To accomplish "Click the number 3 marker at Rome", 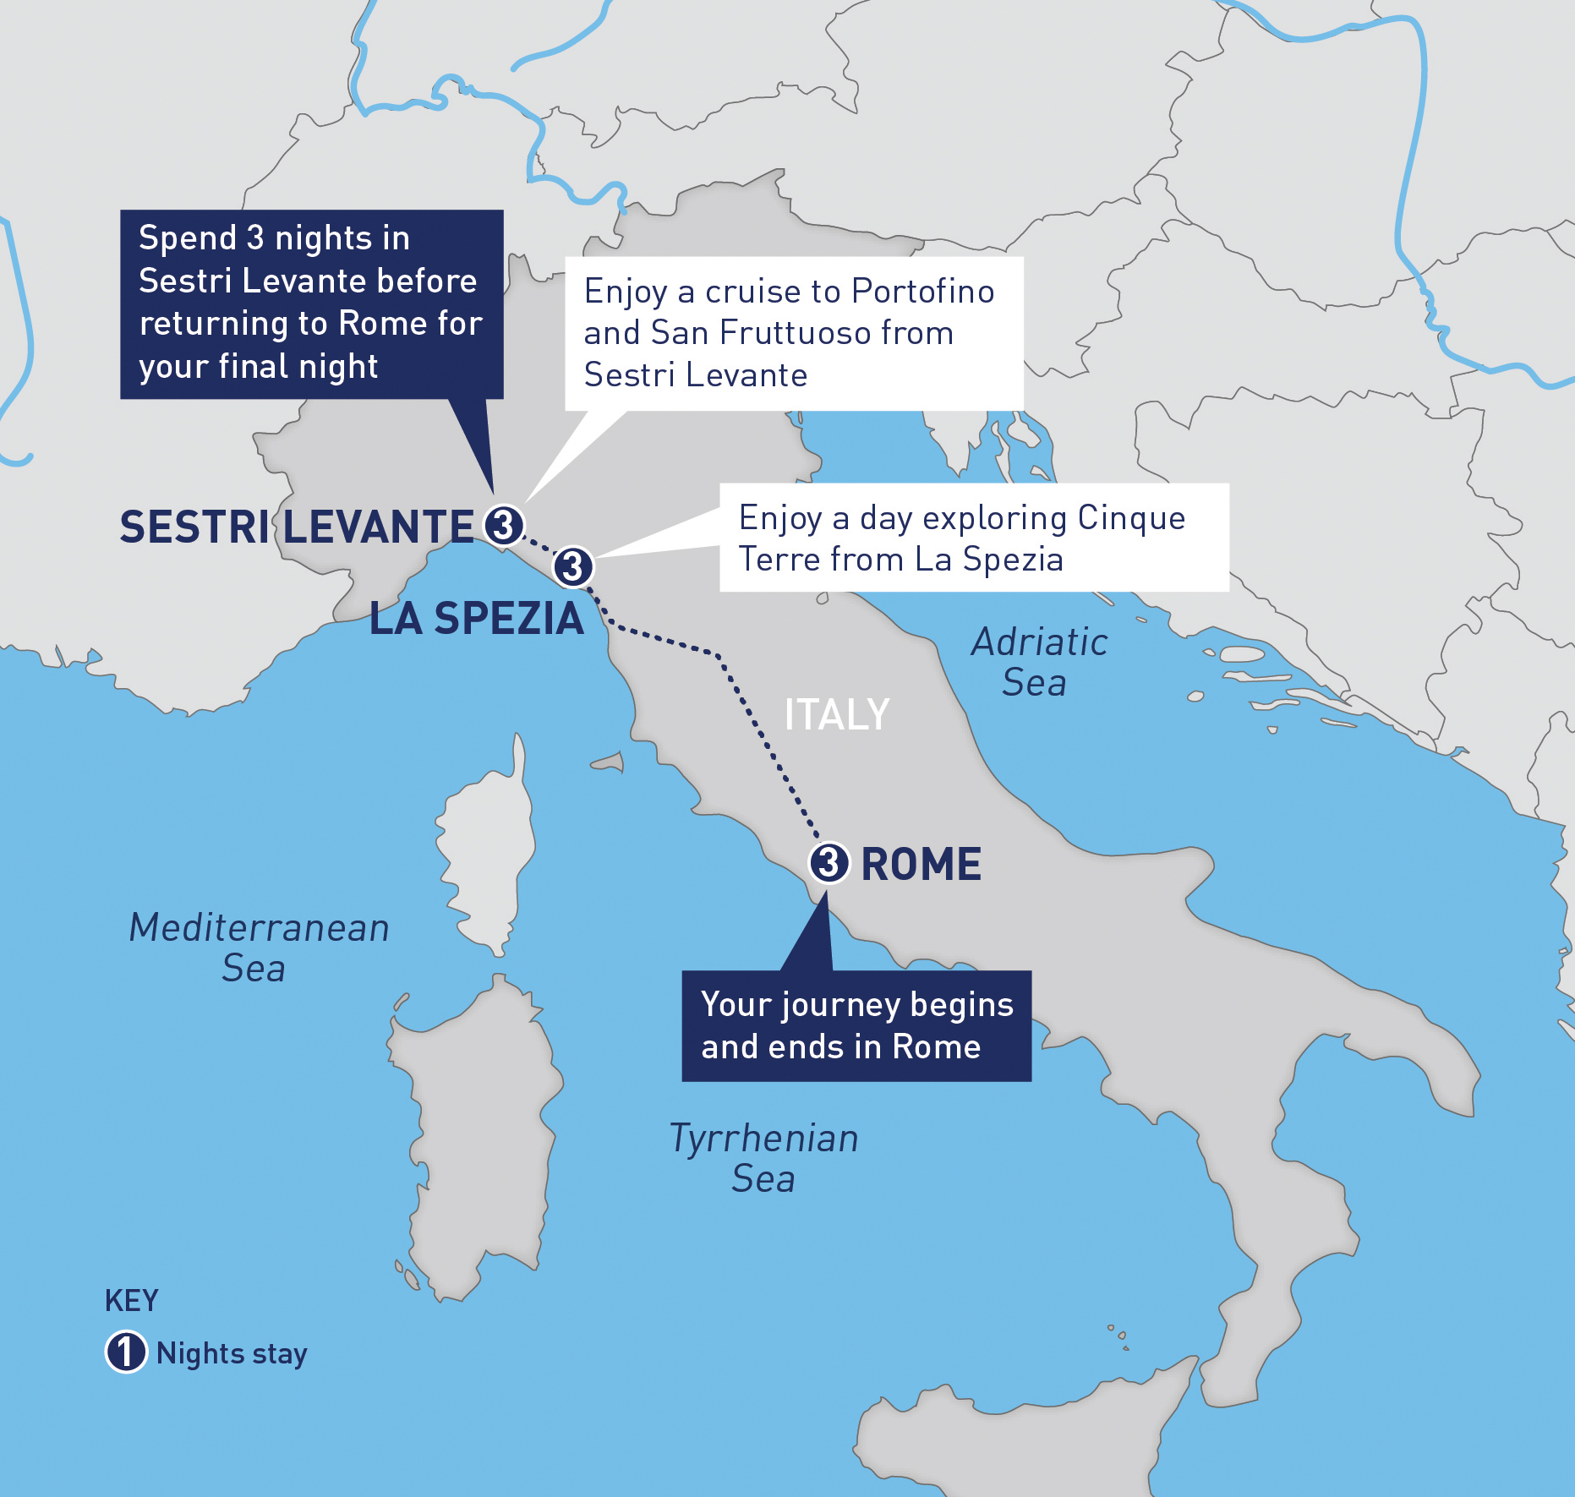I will click(x=829, y=863).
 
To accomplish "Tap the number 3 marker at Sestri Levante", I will click(x=504, y=526).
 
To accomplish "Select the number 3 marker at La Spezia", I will click(x=573, y=566).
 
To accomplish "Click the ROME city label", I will click(x=921, y=865).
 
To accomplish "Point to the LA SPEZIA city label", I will click(x=477, y=619).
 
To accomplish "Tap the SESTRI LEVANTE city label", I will click(x=297, y=527).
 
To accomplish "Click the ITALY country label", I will click(x=836, y=715).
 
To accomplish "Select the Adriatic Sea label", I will click(x=1038, y=663).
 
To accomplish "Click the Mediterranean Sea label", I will click(x=258, y=948).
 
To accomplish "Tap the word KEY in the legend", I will click(x=131, y=1301).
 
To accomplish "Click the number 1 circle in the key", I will click(x=126, y=1352).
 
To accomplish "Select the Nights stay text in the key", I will click(x=232, y=1353).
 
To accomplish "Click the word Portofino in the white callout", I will click(x=922, y=292).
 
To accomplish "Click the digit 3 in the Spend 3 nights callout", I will click(x=255, y=238).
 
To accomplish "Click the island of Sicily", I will click(x=1014, y=1437).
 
